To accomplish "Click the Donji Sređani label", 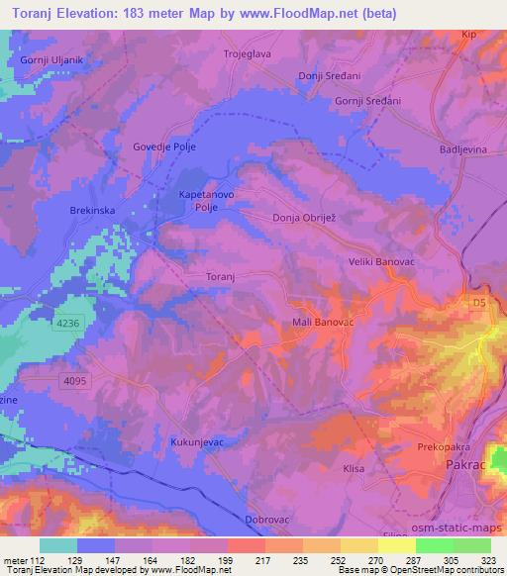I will (x=330, y=77).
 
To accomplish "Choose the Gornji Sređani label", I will (x=363, y=103).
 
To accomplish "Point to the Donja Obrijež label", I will (x=307, y=218).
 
